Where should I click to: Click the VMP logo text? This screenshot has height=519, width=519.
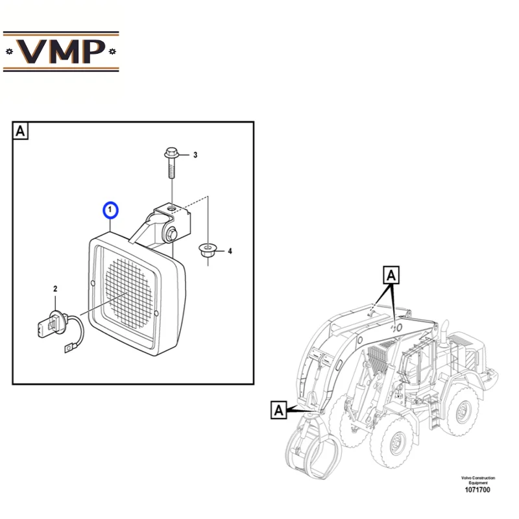(61, 52)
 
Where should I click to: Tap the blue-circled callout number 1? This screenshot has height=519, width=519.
(110, 210)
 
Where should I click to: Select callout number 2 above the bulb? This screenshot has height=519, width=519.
(55, 289)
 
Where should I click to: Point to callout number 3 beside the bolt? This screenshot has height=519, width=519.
(195, 155)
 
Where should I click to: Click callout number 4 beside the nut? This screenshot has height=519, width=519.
(230, 251)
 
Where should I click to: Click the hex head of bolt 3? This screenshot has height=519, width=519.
(171, 153)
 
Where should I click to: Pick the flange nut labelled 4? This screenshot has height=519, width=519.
(208, 249)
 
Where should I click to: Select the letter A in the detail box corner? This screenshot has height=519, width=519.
(20, 131)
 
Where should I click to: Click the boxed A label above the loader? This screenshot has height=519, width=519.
(391, 275)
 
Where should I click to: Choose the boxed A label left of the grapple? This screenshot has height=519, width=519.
(279, 410)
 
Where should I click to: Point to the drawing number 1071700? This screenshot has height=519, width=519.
(477, 490)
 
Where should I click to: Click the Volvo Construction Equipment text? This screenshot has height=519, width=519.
(478, 480)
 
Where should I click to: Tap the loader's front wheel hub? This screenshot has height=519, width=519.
(396, 442)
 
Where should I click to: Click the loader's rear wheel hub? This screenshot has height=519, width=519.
(461, 412)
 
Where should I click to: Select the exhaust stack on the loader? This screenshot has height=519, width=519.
(444, 334)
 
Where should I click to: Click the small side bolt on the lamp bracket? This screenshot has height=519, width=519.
(172, 234)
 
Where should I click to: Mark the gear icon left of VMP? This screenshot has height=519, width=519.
(9, 52)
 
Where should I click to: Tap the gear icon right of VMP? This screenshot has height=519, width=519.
(112, 51)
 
